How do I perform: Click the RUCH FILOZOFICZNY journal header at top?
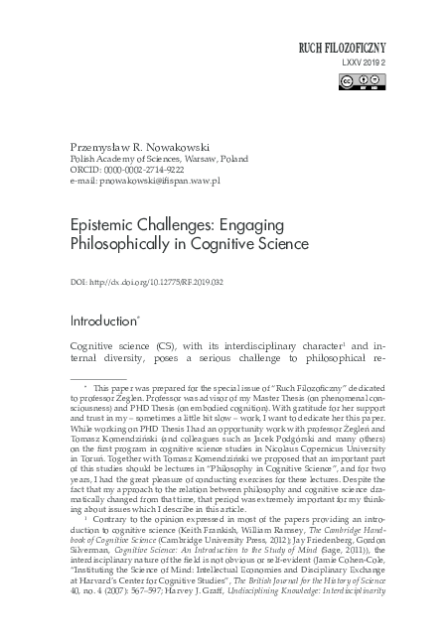[355, 47]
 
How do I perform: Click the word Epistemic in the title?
[102, 225]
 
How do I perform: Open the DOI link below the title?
[163, 282]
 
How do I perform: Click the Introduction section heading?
[104, 322]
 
